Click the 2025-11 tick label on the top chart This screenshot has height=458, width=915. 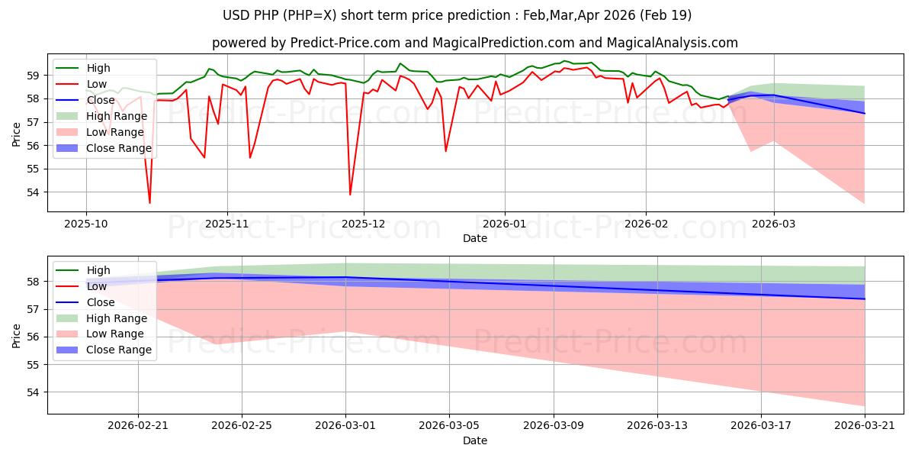click(x=227, y=224)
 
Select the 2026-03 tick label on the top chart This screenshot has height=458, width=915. click(x=774, y=224)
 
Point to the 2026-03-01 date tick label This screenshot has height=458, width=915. click(x=345, y=426)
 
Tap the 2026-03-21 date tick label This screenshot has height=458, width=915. click(x=865, y=426)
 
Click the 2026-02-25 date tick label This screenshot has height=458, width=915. click(x=242, y=426)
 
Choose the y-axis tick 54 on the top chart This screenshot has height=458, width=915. click(x=33, y=192)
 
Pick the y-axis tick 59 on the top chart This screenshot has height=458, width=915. click(x=33, y=76)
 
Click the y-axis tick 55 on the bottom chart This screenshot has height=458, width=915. click(x=33, y=365)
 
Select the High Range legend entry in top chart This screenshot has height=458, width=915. click(x=101, y=116)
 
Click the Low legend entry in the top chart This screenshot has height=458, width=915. click(x=81, y=84)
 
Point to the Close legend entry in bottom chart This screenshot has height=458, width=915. click(x=85, y=302)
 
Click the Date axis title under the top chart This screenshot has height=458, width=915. click(x=474, y=238)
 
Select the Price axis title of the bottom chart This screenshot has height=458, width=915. click(x=16, y=336)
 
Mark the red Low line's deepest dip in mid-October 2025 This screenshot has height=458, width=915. click(x=150, y=203)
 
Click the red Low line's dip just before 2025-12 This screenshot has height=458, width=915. click(x=350, y=194)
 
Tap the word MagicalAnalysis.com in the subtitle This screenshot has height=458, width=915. click(x=672, y=43)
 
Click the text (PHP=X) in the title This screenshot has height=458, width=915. click(x=310, y=15)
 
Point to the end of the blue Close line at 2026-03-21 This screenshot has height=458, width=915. click(x=865, y=299)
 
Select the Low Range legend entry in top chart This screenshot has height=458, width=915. click(x=100, y=132)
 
